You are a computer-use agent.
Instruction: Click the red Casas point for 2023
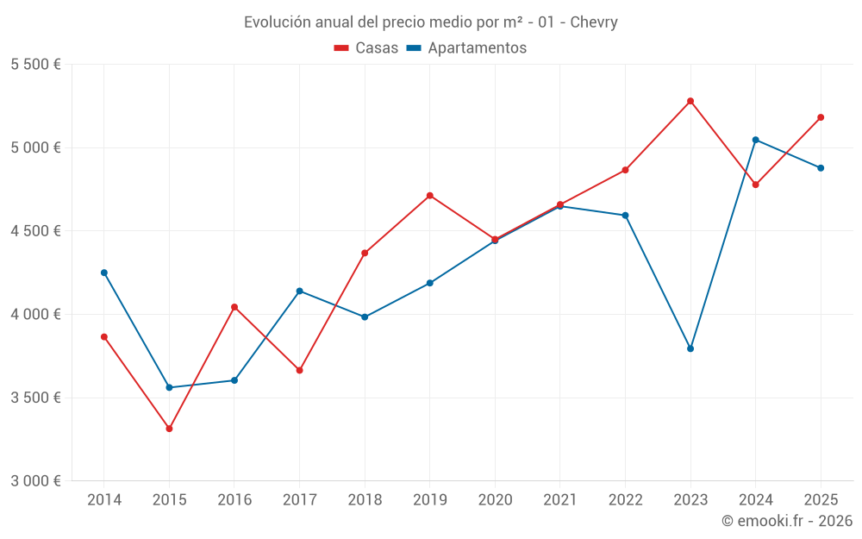pyautogui.click(x=690, y=101)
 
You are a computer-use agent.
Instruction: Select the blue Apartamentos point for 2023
pyautogui.click(x=690, y=348)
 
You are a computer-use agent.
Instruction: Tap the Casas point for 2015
pyautogui.click(x=169, y=429)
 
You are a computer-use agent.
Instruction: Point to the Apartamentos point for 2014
pyautogui.click(x=104, y=273)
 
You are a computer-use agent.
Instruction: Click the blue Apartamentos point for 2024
pyautogui.click(x=756, y=140)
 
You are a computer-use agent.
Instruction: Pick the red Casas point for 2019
pyautogui.click(x=430, y=196)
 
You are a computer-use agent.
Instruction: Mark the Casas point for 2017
pyautogui.click(x=299, y=370)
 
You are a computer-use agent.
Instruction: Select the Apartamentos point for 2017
pyautogui.click(x=299, y=291)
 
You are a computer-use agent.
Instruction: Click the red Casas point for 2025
pyautogui.click(x=821, y=117)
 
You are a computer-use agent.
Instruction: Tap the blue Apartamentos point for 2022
pyautogui.click(x=626, y=216)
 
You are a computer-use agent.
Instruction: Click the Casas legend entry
pyautogui.click(x=366, y=48)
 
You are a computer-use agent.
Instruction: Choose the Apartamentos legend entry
pyautogui.click(x=466, y=48)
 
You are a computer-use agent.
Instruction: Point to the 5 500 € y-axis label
pyautogui.click(x=35, y=65)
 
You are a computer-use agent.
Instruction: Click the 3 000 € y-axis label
pyautogui.click(x=35, y=481)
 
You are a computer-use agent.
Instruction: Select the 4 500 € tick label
pyautogui.click(x=35, y=231)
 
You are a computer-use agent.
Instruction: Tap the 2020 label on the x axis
pyautogui.click(x=495, y=499)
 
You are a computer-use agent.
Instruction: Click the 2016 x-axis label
pyautogui.click(x=234, y=499)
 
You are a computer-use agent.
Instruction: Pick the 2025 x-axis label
pyautogui.click(x=821, y=499)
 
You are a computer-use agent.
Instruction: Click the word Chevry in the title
pyautogui.click(x=594, y=22)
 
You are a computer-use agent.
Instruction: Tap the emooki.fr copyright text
pyautogui.click(x=787, y=521)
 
